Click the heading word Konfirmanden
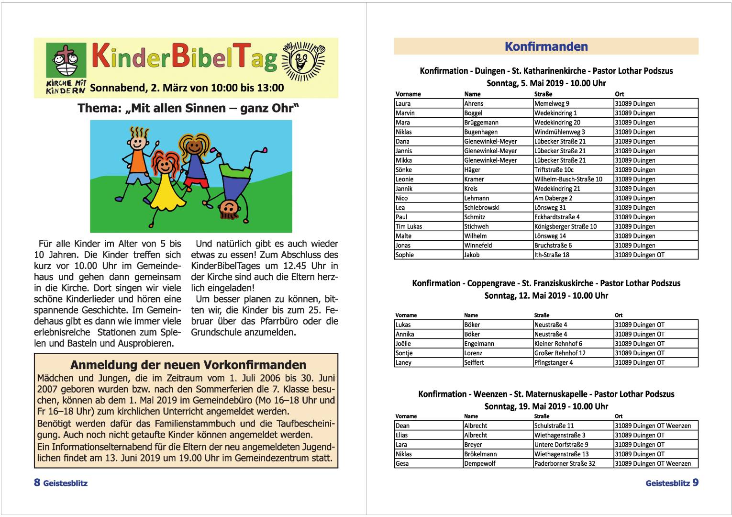[x=546, y=46]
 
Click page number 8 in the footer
[x=37, y=482]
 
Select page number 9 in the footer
[x=695, y=482]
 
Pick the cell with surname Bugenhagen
[x=481, y=132]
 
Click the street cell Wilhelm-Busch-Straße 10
[x=568, y=179]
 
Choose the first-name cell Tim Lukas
[x=409, y=226]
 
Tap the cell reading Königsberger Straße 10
[x=565, y=226]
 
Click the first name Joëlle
[x=403, y=344]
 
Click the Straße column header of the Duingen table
[x=543, y=94]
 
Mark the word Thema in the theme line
[x=98, y=108]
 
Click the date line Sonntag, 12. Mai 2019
[x=546, y=295]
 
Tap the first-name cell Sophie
[x=405, y=255]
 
